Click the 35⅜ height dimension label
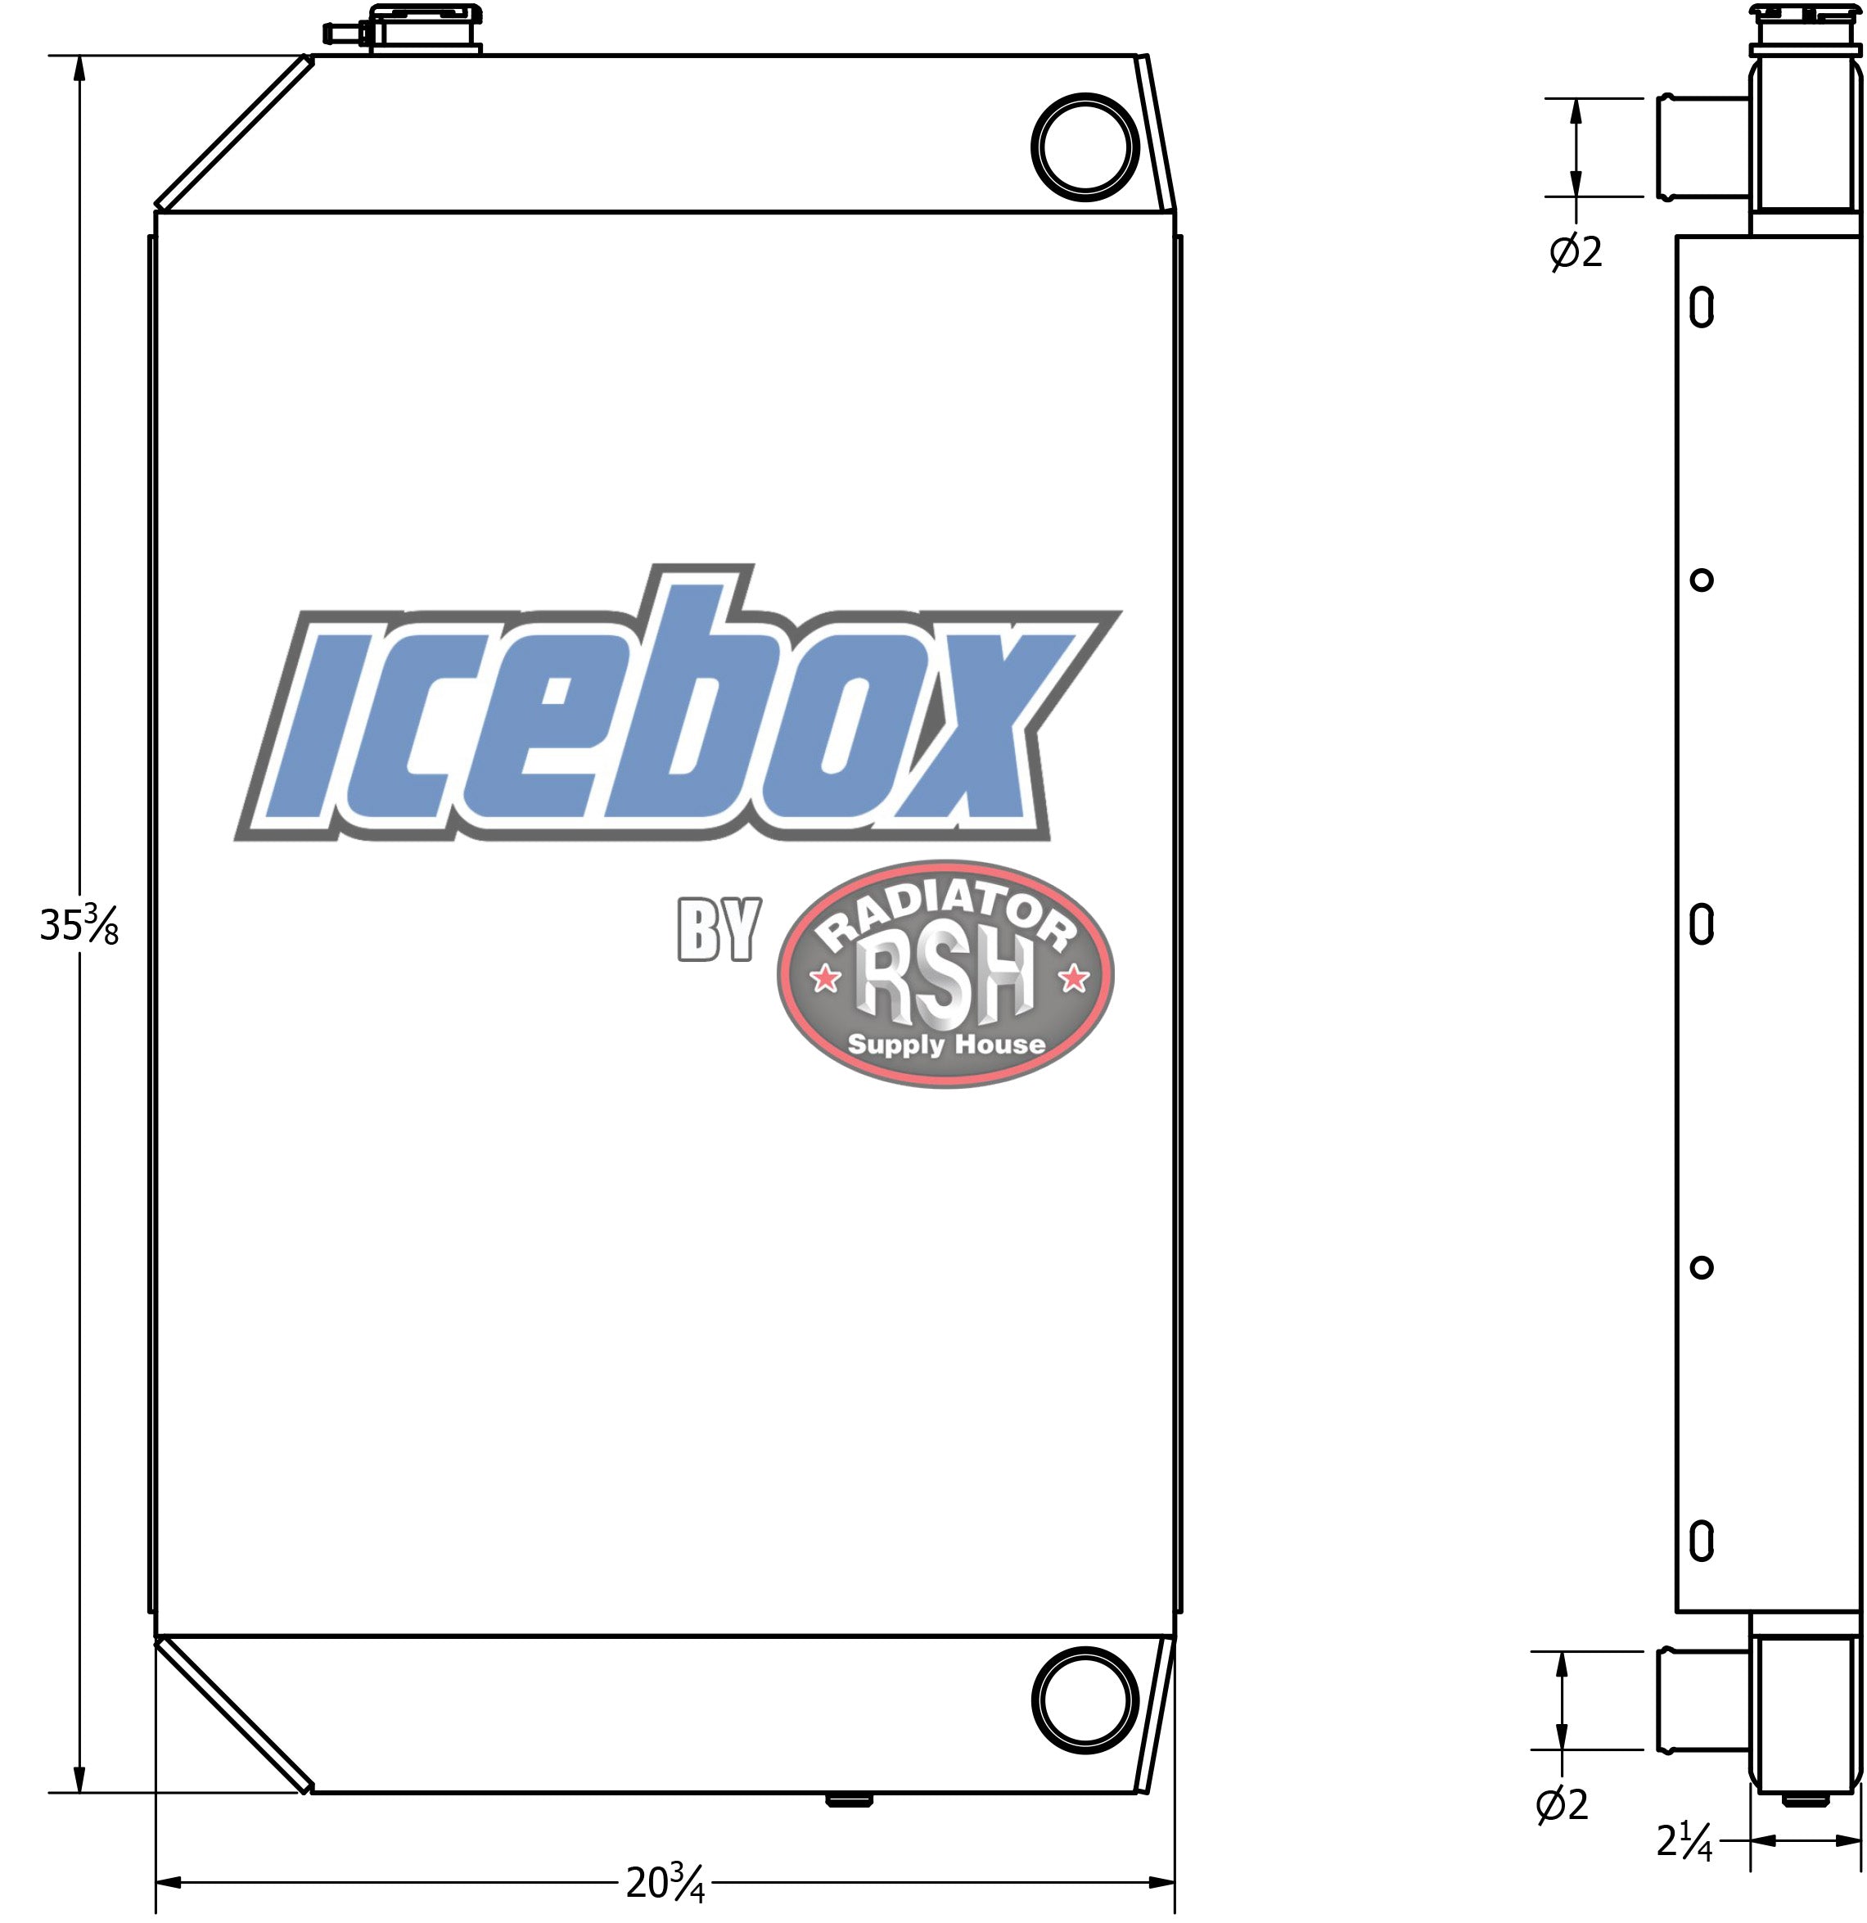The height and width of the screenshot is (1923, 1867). tap(79, 925)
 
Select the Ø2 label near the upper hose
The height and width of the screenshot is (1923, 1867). tap(1575, 253)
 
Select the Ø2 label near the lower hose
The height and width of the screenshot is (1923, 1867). tap(1561, 1804)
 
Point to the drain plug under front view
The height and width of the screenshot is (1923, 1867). tap(850, 1800)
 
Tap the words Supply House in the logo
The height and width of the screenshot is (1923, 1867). tap(945, 1044)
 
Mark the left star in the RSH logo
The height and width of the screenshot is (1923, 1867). tap(825, 978)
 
